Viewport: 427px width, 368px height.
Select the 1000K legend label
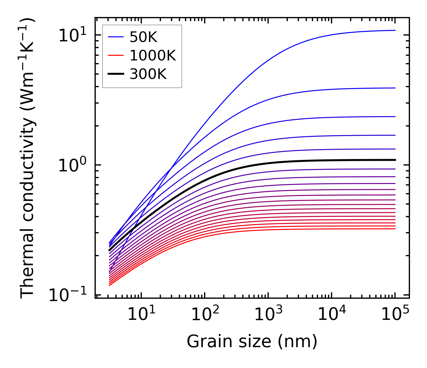[153, 55]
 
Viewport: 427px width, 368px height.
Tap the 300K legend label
[148, 74]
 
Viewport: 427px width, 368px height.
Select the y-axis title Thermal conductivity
[28, 158]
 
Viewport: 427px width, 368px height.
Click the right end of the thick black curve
[395, 160]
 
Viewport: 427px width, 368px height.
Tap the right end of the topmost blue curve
[395, 30]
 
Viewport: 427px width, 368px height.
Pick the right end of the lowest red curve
[395, 229]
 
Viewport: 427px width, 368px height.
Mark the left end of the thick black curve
[109, 251]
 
